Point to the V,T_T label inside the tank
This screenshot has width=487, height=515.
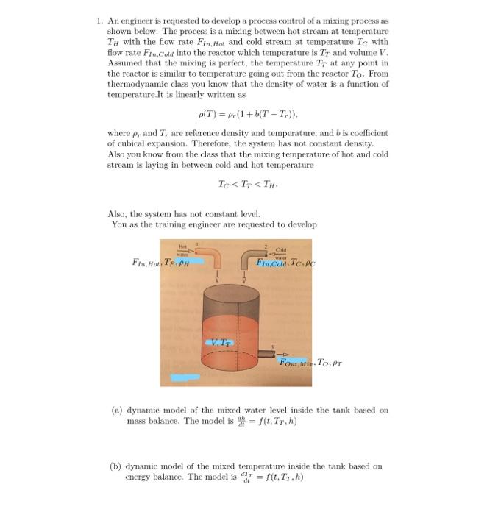point(221,341)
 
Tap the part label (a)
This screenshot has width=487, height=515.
point(115,410)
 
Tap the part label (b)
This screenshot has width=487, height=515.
point(115,466)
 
